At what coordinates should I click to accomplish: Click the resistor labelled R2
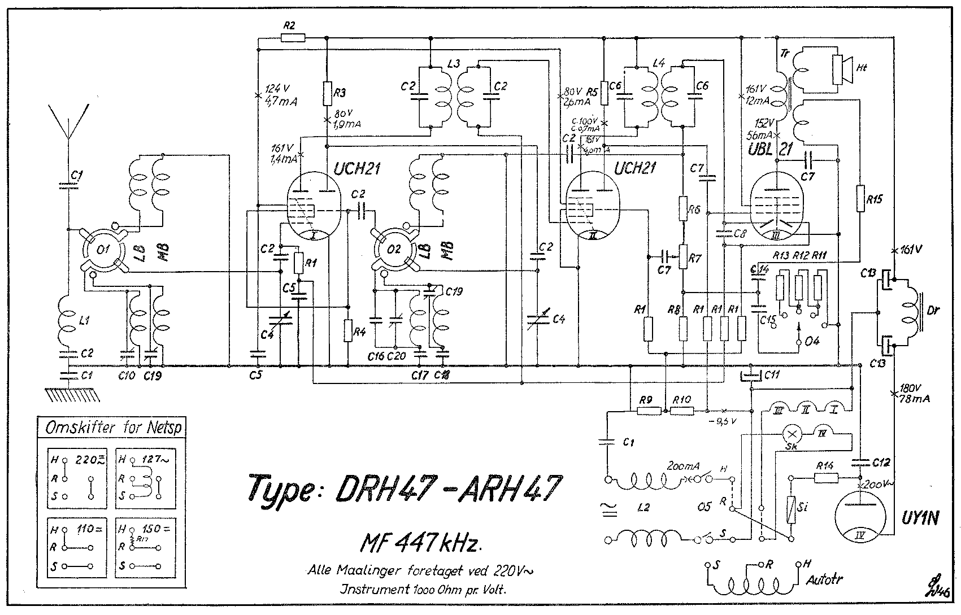pyautogui.click(x=293, y=38)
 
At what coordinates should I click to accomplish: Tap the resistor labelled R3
pyautogui.click(x=327, y=94)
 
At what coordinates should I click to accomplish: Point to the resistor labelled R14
pyautogui.click(x=826, y=478)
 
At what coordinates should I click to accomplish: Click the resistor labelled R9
pyautogui.click(x=649, y=411)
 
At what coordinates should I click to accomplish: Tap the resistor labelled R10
pyautogui.click(x=682, y=411)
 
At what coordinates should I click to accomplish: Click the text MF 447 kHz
pyautogui.click(x=421, y=543)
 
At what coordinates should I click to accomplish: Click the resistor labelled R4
pyautogui.click(x=347, y=330)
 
